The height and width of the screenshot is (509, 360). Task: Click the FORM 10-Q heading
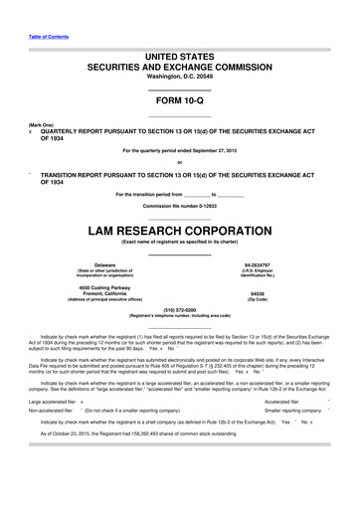click(179, 103)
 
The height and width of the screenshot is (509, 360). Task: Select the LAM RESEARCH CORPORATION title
click(179, 231)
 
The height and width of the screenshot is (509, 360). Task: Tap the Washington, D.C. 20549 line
click(179, 77)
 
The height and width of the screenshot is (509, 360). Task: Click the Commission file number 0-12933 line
click(179, 205)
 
